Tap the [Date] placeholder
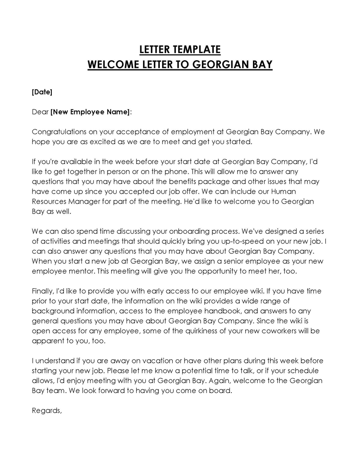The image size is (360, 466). point(42,92)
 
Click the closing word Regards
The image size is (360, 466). point(46,410)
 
